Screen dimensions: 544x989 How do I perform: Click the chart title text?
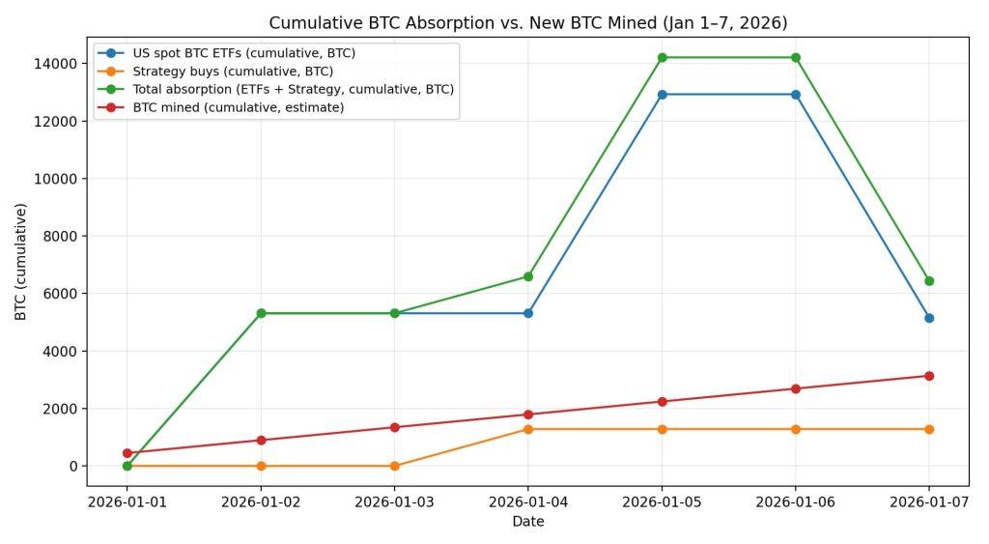point(527,22)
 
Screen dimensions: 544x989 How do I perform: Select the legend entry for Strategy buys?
point(232,72)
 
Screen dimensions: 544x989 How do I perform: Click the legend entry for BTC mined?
point(238,107)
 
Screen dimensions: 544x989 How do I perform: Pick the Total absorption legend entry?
point(293,89)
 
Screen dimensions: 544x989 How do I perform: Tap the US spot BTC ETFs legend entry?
point(243,53)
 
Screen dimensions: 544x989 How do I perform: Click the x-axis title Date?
point(527,522)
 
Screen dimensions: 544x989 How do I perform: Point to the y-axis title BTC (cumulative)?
point(20,261)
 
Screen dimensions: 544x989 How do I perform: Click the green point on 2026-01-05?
point(662,58)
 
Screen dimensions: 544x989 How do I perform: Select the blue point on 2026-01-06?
point(795,95)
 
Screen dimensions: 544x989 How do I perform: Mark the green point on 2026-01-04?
point(527,276)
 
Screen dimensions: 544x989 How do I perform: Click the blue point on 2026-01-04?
point(527,313)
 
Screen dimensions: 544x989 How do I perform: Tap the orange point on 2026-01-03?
point(394,466)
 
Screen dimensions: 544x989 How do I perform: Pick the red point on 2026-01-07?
point(928,376)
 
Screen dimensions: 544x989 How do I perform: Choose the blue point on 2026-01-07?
point(928,318)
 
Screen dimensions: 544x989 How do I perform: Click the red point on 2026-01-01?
point(127,452)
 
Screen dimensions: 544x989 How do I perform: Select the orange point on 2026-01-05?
point(662,429)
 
